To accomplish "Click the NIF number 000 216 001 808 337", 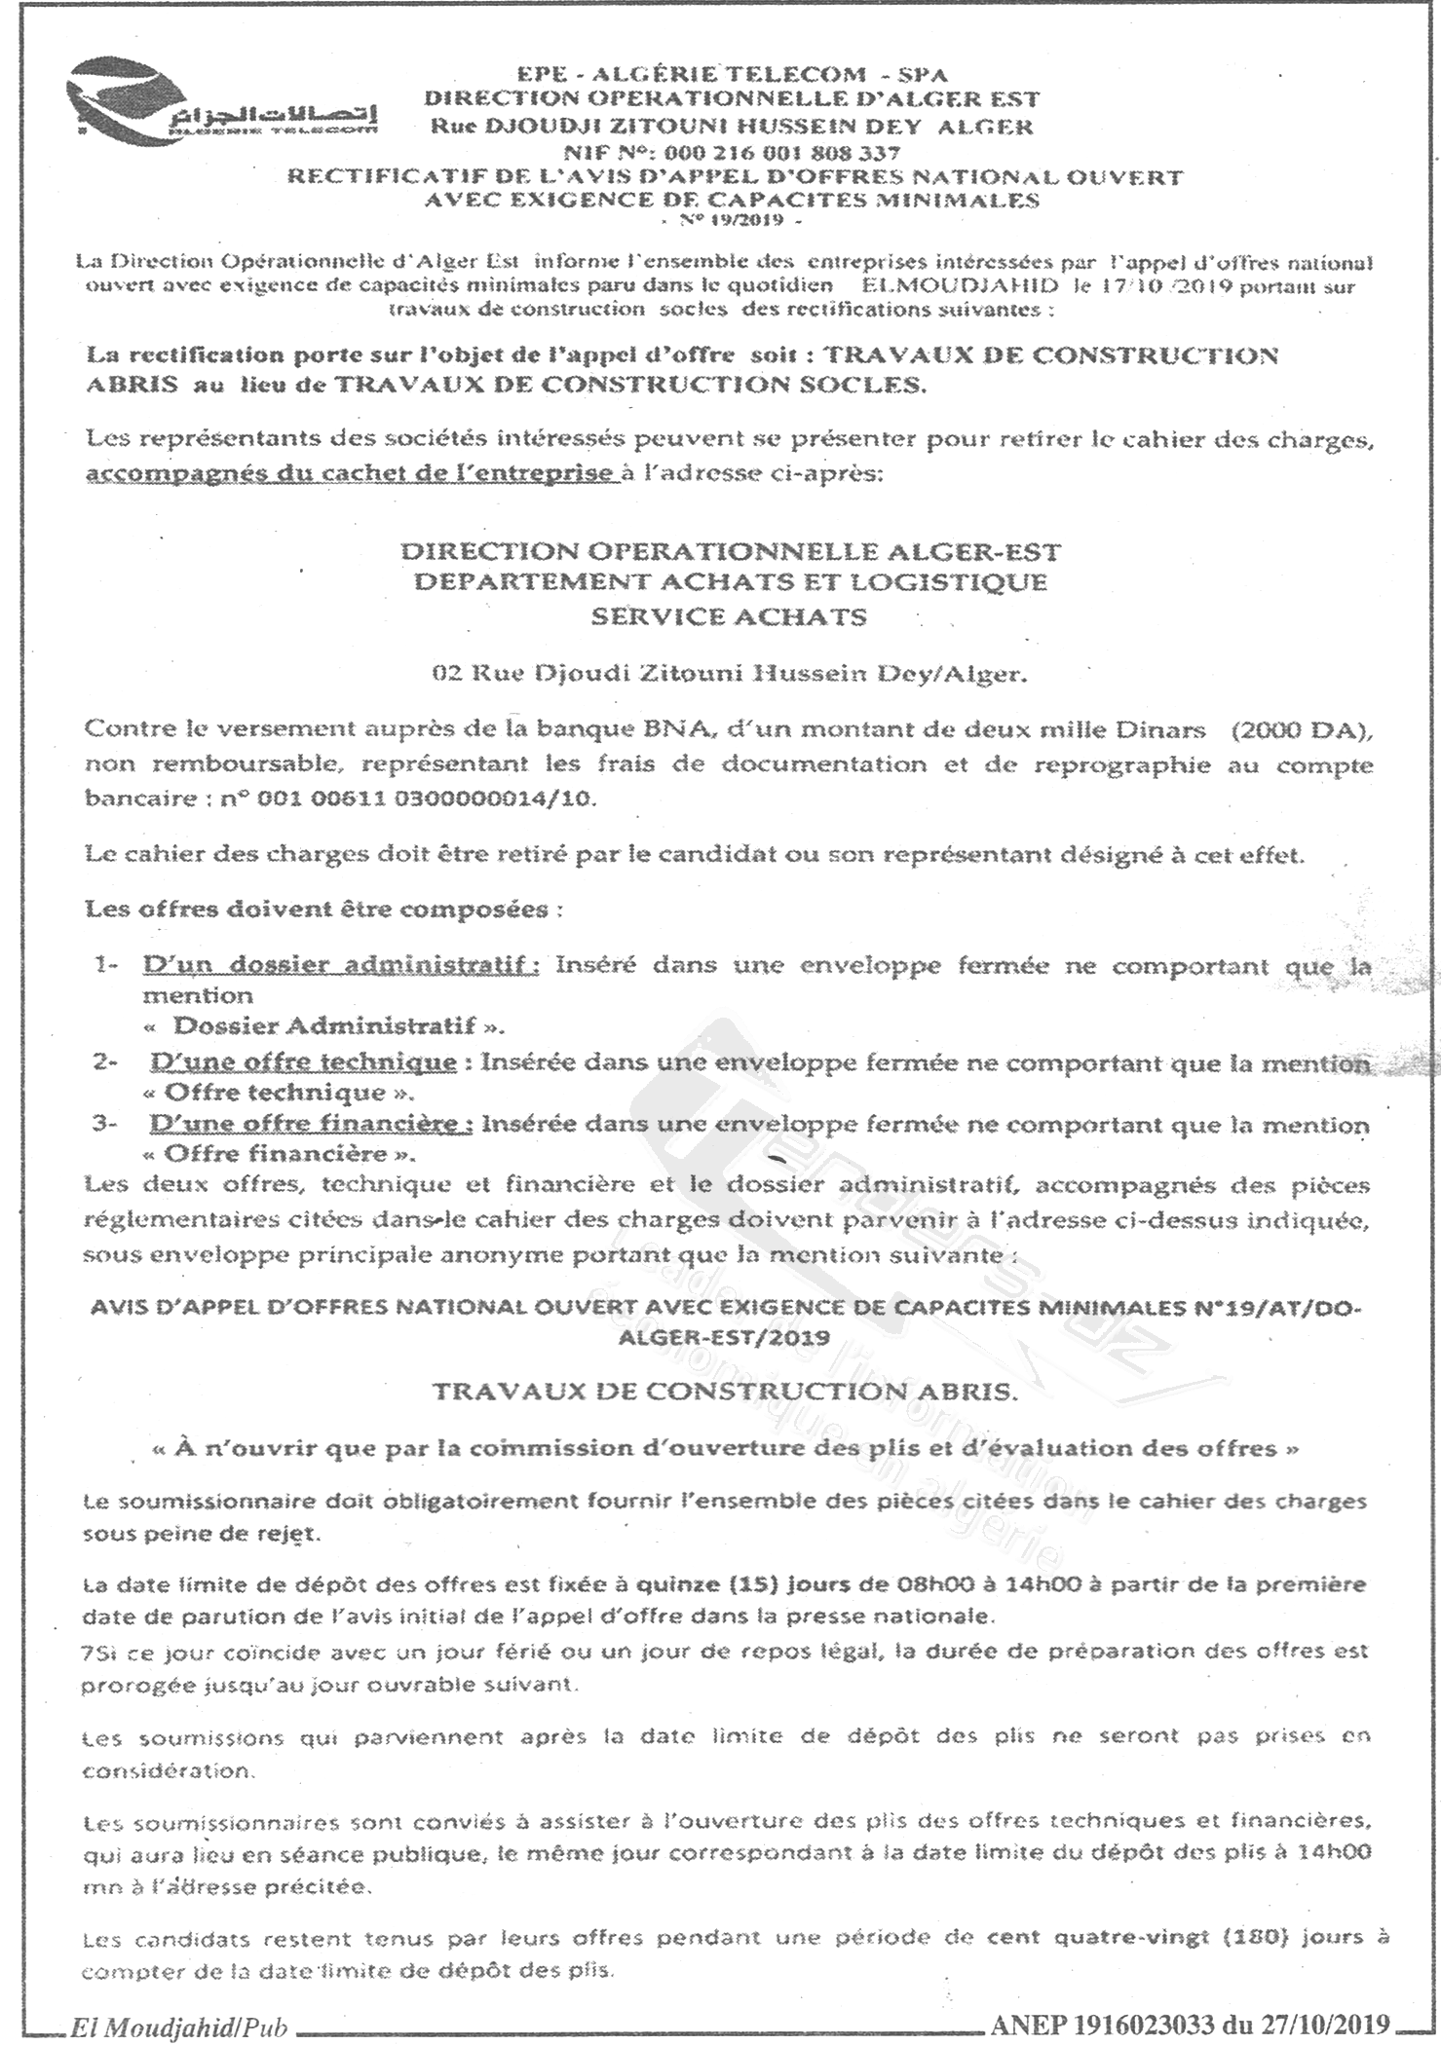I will tap(779, 153).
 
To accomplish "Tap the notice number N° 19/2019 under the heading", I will tap(730, 222).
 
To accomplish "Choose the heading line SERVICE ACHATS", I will tap(730, 616).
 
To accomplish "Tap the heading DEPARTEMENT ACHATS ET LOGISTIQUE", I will tap(730, 582).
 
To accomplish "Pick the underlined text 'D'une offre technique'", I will tap(303, 1061).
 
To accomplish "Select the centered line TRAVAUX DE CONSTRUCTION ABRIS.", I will tap(725, 1392).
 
